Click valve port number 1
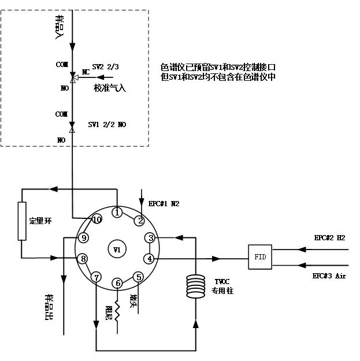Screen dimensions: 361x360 (x=117, y=213)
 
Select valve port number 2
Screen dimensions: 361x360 (x=139, y=220)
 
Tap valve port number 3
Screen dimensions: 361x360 (x=150, y=238)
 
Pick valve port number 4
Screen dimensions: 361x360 (x=150, y=258)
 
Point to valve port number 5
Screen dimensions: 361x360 (x=139, y=276)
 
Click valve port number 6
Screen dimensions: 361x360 (x=118, y=283)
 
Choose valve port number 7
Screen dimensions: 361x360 (x=97, y=276)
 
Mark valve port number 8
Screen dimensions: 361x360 (x=84, y=258)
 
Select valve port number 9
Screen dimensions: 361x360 (x=84, y=238)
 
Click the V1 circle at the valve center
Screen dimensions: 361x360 (x=117, y=250)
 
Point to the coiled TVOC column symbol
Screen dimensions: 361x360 (x=196, y=287)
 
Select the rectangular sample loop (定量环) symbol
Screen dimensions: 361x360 (x=22, y=221)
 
